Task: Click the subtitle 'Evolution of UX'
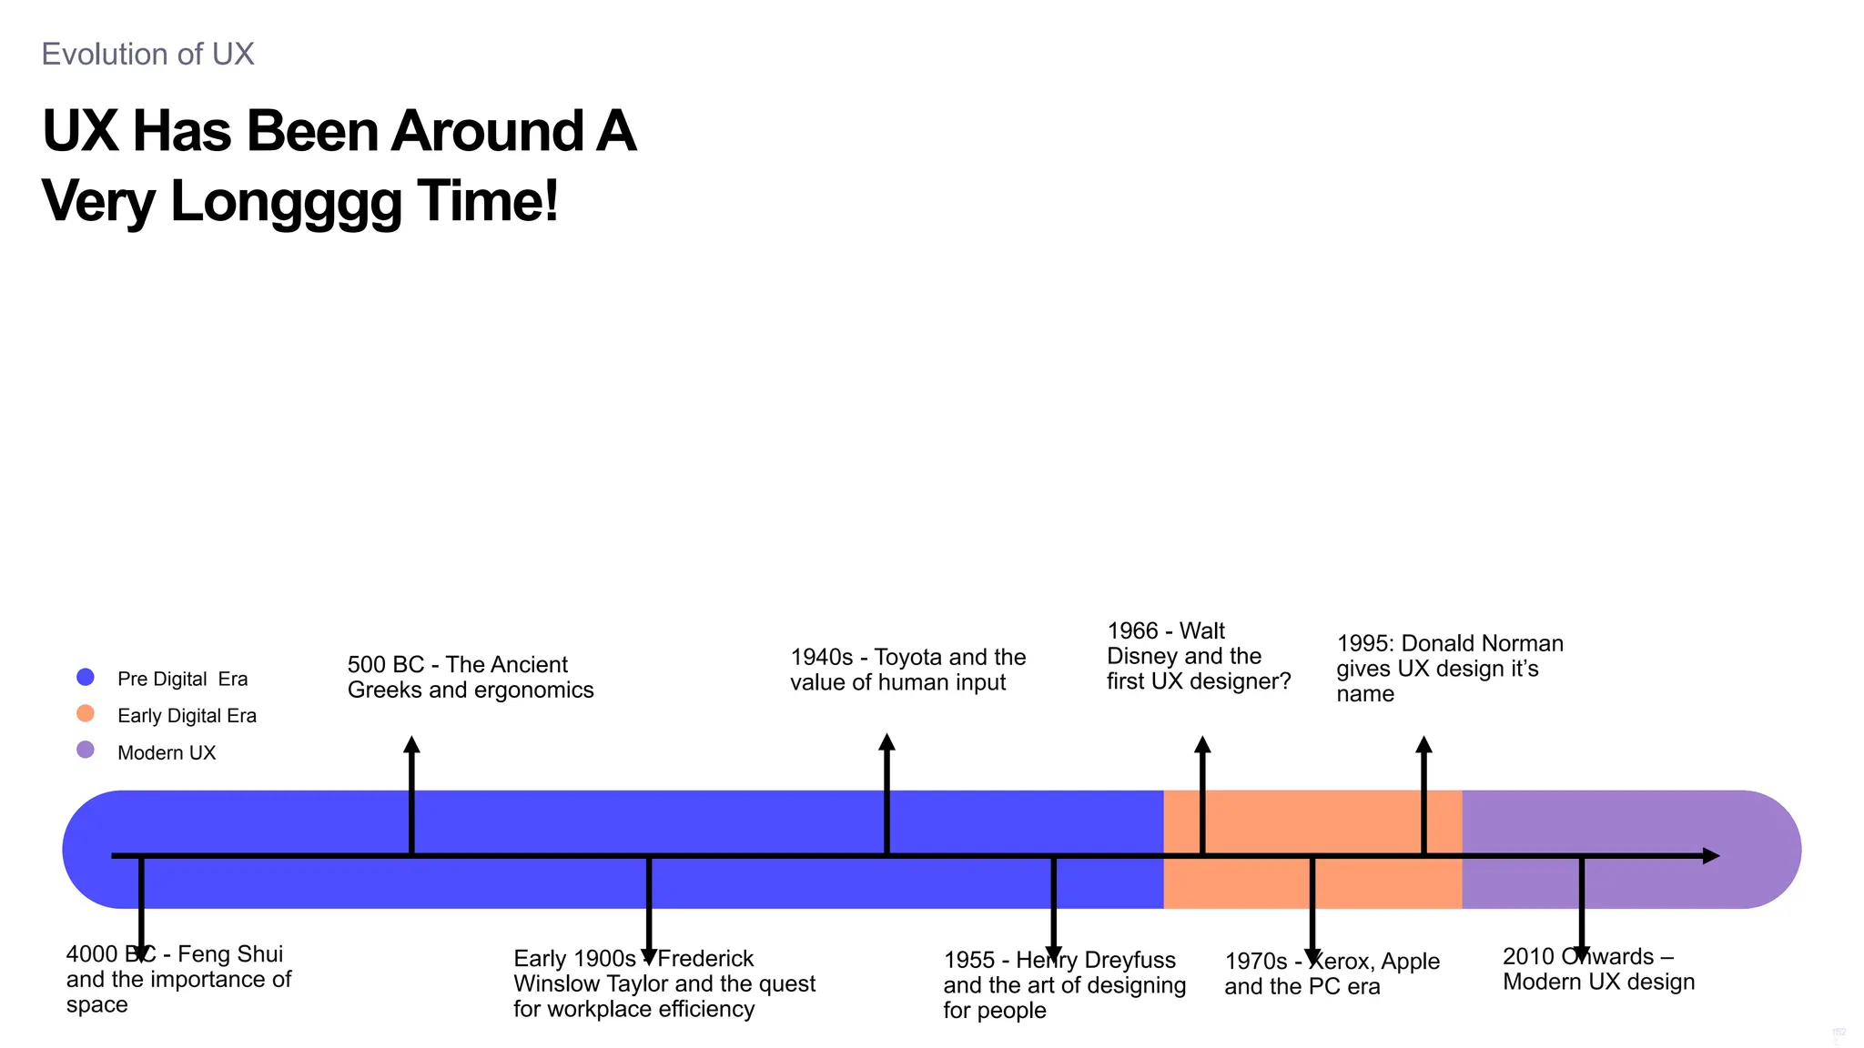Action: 147,55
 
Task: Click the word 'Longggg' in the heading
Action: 286,201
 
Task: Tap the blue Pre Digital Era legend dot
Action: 86,677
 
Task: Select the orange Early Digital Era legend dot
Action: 86,713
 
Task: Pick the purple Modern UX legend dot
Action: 86,750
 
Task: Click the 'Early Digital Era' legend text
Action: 187,716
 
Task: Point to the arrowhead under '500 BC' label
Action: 412,745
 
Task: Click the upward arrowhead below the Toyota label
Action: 887,742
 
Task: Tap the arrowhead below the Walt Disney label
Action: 1202,745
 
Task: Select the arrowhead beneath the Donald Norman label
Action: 1424,745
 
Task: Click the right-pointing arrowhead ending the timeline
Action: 1710,856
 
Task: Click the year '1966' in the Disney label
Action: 1132,631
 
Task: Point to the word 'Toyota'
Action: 907,658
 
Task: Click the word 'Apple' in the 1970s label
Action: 1410,962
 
